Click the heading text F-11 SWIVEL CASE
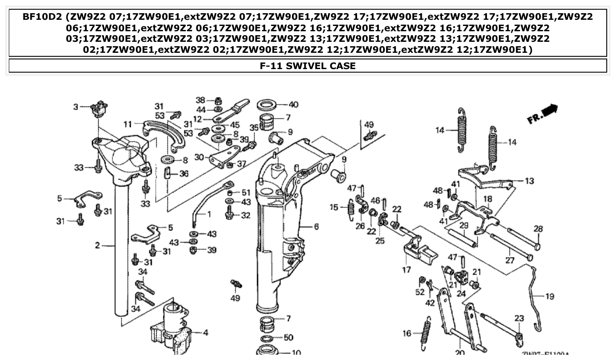coord(308,66)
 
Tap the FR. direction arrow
coord(542,114)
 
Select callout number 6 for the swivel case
coord(316,227)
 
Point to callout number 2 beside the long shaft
coord(97,245)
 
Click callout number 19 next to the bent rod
coord(550,297)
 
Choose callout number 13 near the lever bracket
coord(529,181)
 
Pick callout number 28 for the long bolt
coord(538,229)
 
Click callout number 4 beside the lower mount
coord(205,333)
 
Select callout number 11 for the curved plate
coord(128,124)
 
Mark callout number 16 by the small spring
coord(406,334)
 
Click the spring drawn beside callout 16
coord(425,330)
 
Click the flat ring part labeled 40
coord(266,106)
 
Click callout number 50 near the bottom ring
coord(288,338)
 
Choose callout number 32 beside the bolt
coord(245,216)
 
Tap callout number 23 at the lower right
coord(519,319)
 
